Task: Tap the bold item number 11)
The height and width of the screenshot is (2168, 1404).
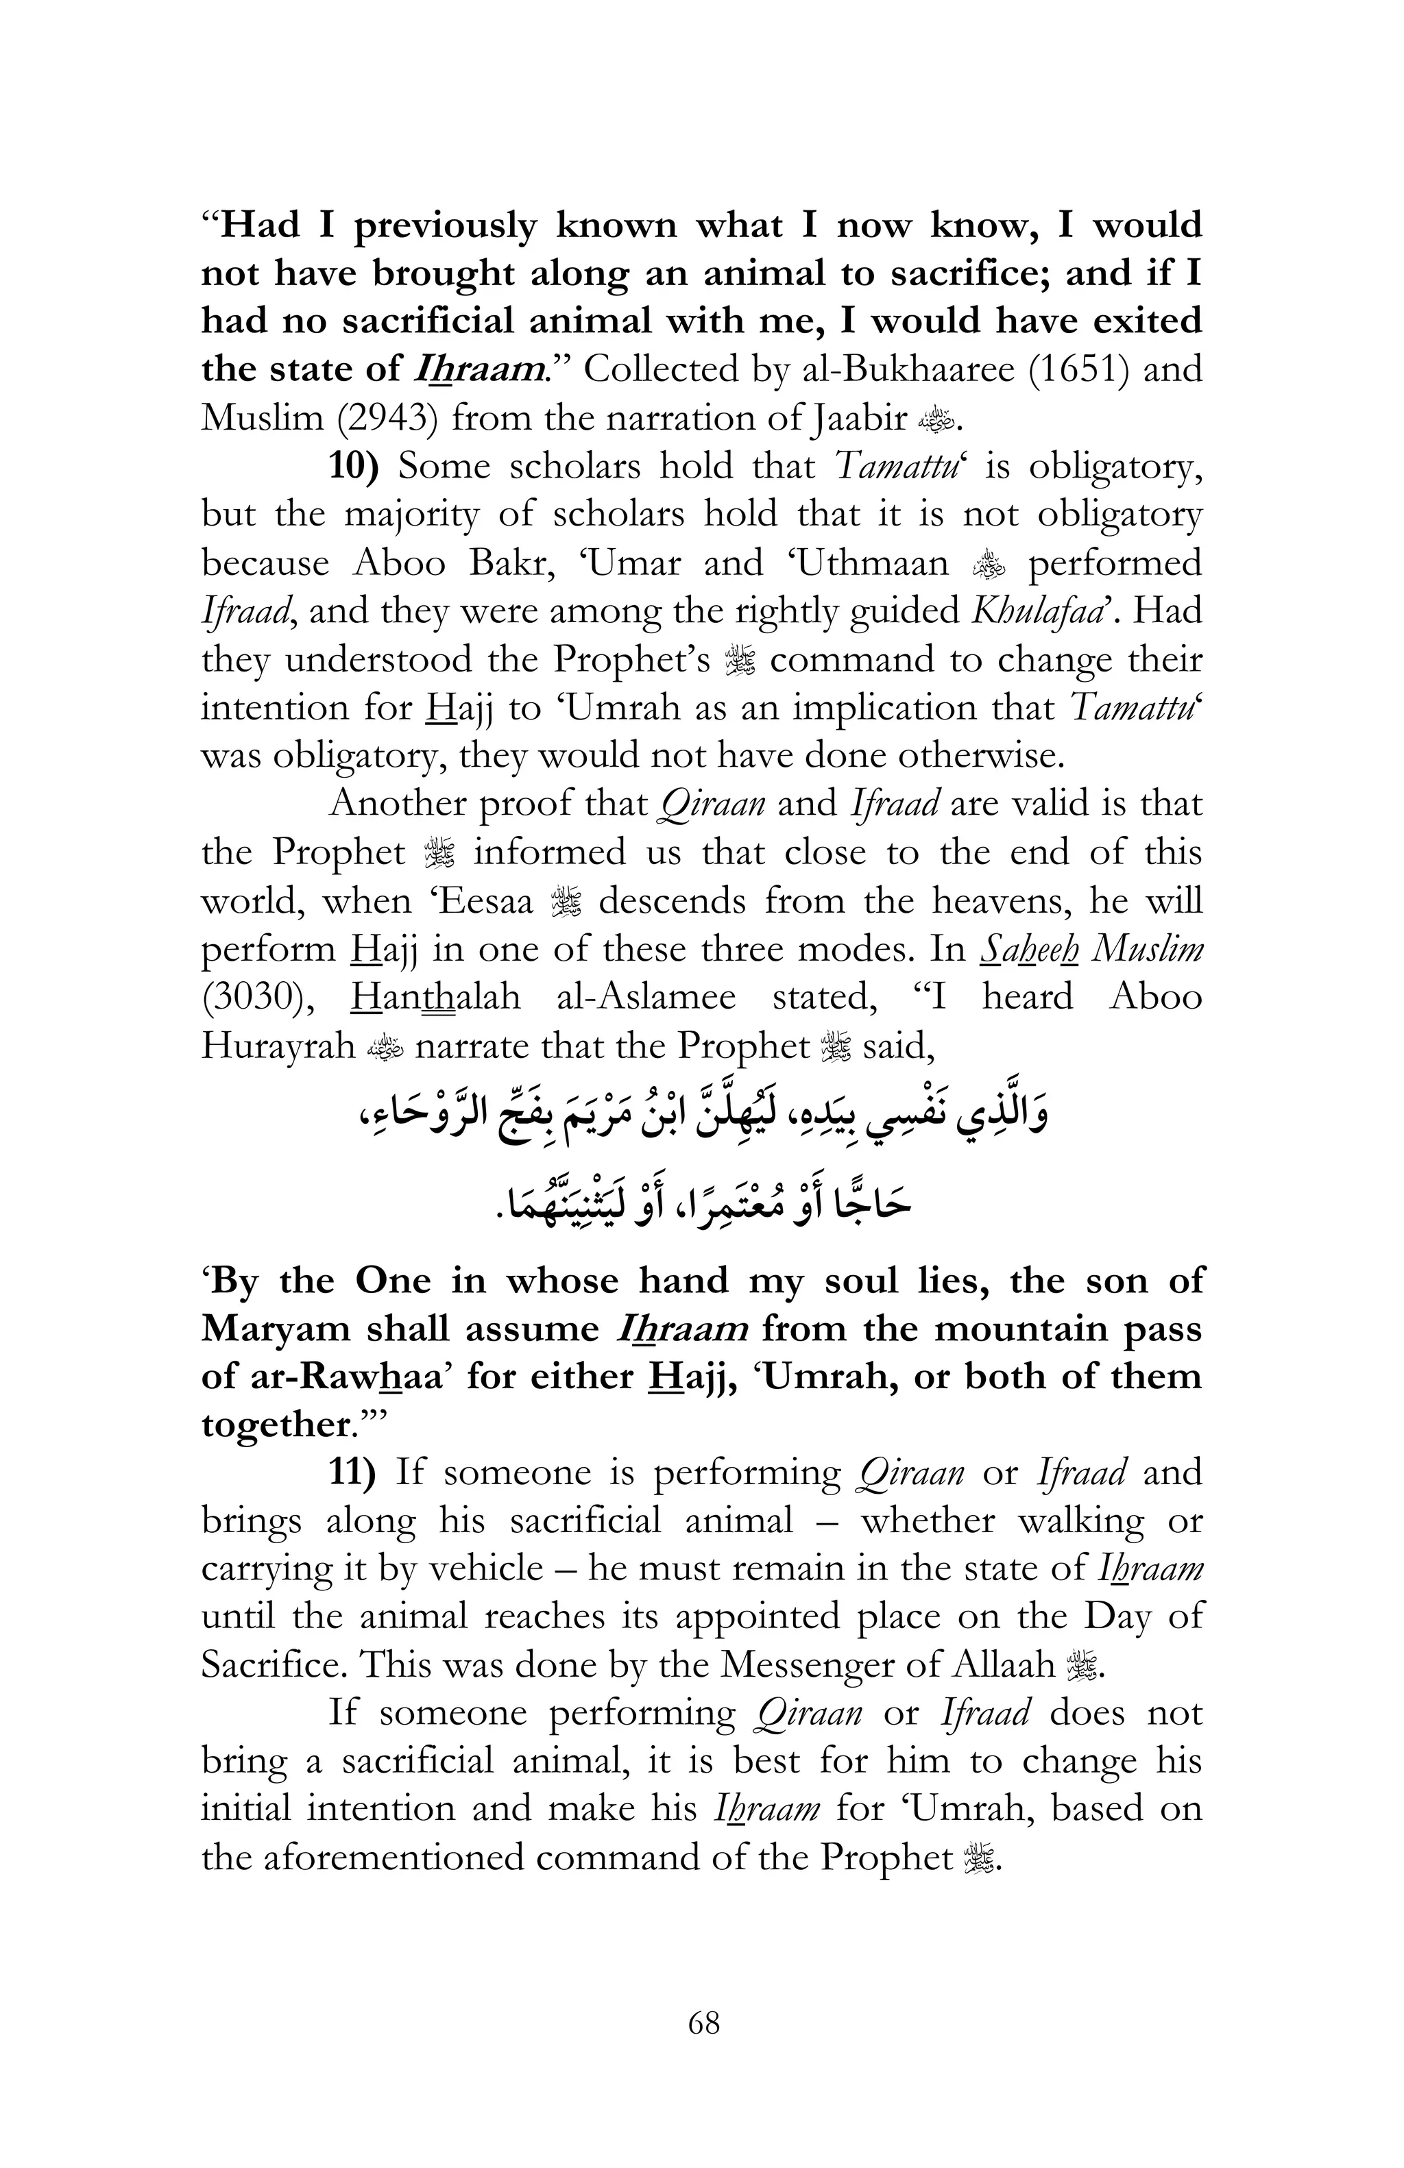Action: point(352,1472)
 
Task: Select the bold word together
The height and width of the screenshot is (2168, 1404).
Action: point(277,1425)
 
